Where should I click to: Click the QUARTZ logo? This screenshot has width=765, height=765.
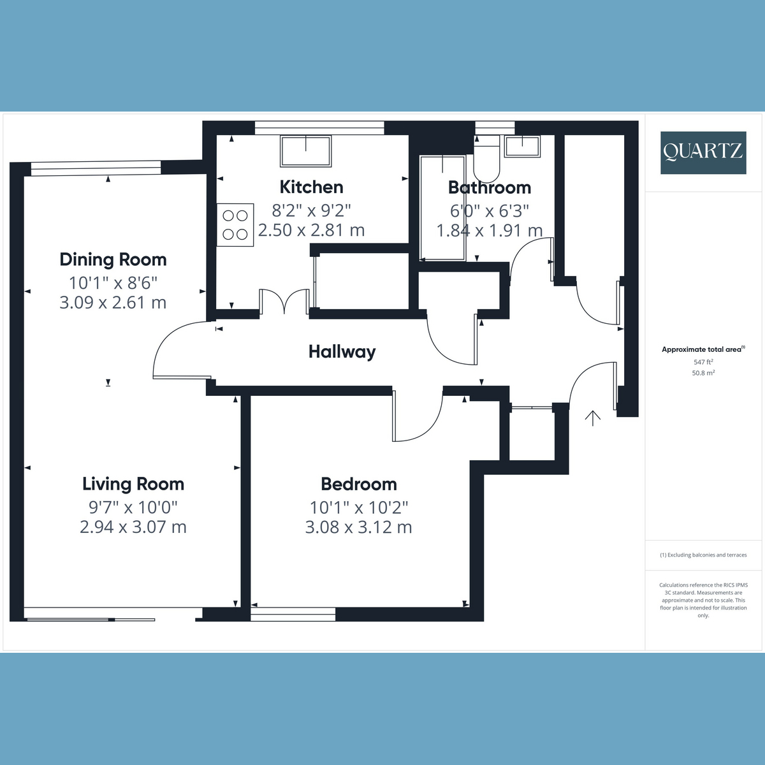[x=703, y=152]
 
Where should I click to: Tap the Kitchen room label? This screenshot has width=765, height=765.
[x=311, y=187]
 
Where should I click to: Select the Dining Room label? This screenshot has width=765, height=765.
[x=113, y=259]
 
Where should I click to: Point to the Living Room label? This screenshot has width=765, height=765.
[x=133, y=484]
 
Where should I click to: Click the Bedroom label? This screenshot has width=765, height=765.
[x=358, y=484]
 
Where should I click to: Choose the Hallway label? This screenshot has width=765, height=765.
[x=342, y=351]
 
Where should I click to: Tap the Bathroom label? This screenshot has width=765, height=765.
[x=489, y=187]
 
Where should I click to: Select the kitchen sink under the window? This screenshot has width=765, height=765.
[x=305, y=151]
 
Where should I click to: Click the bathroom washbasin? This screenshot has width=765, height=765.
[x=522, y=147]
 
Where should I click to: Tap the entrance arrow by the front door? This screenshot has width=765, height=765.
[x=593, y=418]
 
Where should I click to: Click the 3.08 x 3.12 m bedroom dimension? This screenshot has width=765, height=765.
[x=358, y=527]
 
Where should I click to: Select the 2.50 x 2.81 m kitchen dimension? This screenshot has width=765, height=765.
[x=311, y=229]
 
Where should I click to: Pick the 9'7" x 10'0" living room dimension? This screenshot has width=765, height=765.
[x=133, y=507]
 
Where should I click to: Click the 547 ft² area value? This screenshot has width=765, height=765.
[x=703, y=361]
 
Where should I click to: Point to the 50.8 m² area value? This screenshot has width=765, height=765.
[x=703, y=373]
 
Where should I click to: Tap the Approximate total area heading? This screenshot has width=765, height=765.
[x=703, y=349]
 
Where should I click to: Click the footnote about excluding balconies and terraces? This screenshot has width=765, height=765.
[x=703, y=555]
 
